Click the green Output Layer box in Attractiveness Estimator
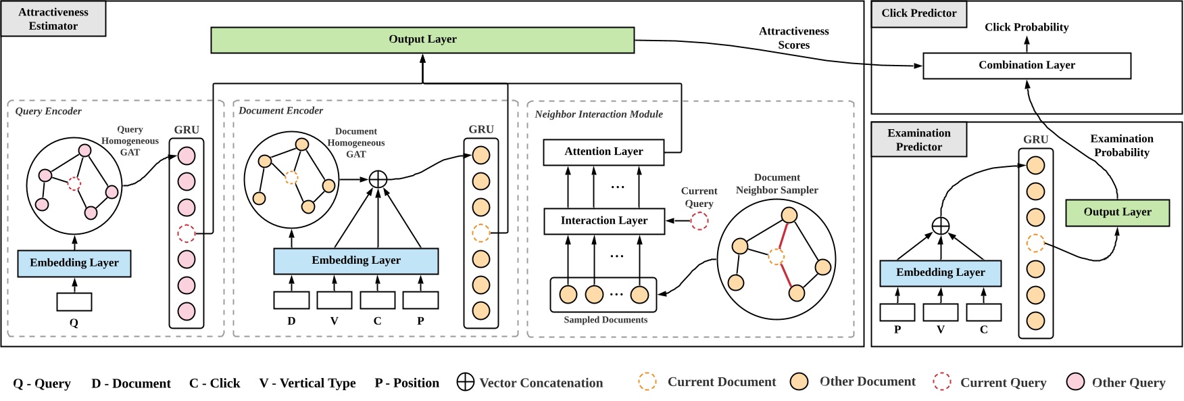(x=422, y=40)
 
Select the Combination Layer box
(x=1027, y=66)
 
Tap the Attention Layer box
(x=603, y=152)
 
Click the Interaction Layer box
(x=603, y=221)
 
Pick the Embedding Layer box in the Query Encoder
(x=74, y=263)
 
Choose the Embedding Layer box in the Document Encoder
(x=355, y=261)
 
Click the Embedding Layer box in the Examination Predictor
(x=940, y=273)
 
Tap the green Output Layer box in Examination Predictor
(x=1117, y=212)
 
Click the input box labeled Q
(x=74, y=302)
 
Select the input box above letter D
(x=291, y=300)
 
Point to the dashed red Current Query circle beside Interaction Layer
(x=699, y=220)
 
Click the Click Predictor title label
(x=918, y=14)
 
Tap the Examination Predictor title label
(x=918, y=140)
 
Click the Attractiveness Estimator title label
(x=53, y=19)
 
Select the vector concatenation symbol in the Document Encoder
(x=378, y=179)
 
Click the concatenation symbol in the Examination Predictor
(x=940, y=226)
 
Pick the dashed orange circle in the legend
(x=647, y=381)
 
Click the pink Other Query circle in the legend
(x=1075, y=382)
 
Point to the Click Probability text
(x=1027, y=28)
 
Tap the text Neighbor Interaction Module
(x=599, y=114)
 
